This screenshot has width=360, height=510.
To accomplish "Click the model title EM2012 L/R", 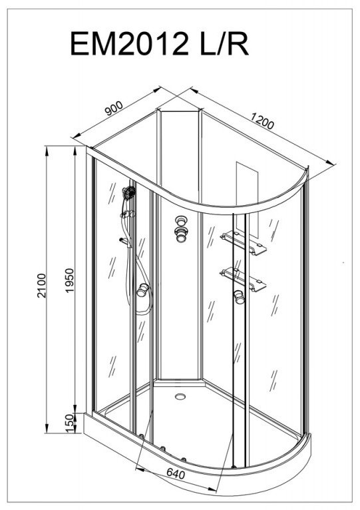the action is pos(159,43).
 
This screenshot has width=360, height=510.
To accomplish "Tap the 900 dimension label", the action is pos(114,109).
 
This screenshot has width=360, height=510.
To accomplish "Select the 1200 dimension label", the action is pos(262,121).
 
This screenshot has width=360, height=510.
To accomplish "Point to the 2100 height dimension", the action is pos(42,285).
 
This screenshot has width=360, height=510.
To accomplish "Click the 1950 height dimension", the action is pos(70,280).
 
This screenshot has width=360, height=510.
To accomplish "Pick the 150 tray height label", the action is pos(69,423).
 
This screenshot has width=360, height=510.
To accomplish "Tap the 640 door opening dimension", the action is pos(176,473).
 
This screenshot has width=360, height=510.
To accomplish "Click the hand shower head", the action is pos(129,192).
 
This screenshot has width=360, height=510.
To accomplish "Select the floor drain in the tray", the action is pos(180,396).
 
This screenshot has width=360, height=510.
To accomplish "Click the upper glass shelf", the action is pos(244,242).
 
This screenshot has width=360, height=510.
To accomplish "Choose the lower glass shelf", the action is pos(244,279).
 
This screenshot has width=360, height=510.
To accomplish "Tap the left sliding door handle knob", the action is pos(142,290).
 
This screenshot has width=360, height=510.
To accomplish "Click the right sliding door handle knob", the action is pos(239,297).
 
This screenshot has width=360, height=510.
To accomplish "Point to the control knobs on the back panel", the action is pos(181,229).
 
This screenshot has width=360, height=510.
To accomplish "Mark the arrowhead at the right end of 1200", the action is pos(331,162).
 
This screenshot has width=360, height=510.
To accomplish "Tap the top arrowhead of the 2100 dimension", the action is pos(47,151).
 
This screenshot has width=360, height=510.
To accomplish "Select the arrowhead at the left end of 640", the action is pos(140,469).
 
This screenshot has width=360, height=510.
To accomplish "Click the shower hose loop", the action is pos(143,286).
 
